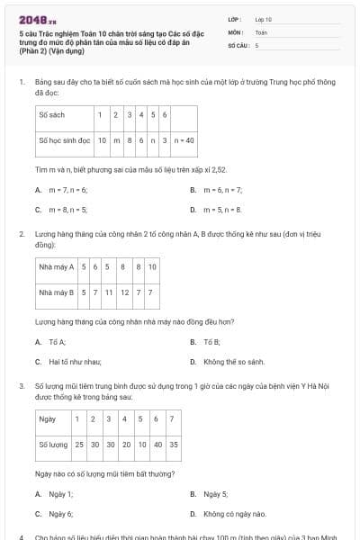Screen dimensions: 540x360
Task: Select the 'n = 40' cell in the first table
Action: click(184, 140)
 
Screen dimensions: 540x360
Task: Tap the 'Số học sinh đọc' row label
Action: click(65, 140)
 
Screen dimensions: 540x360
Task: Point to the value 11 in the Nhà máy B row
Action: click(108, 292)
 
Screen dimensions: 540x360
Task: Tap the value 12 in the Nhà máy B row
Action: click(124, 292)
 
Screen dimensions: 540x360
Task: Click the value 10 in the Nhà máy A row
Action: click(152, 267)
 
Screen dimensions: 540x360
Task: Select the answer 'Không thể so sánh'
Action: click(234, 361)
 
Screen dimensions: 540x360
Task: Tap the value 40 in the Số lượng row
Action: click(157, 445)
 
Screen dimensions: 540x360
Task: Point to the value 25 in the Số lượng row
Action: click(80, 445)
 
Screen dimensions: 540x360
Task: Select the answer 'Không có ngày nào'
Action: click(235, 513)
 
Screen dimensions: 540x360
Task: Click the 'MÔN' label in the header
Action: click(236, 31)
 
